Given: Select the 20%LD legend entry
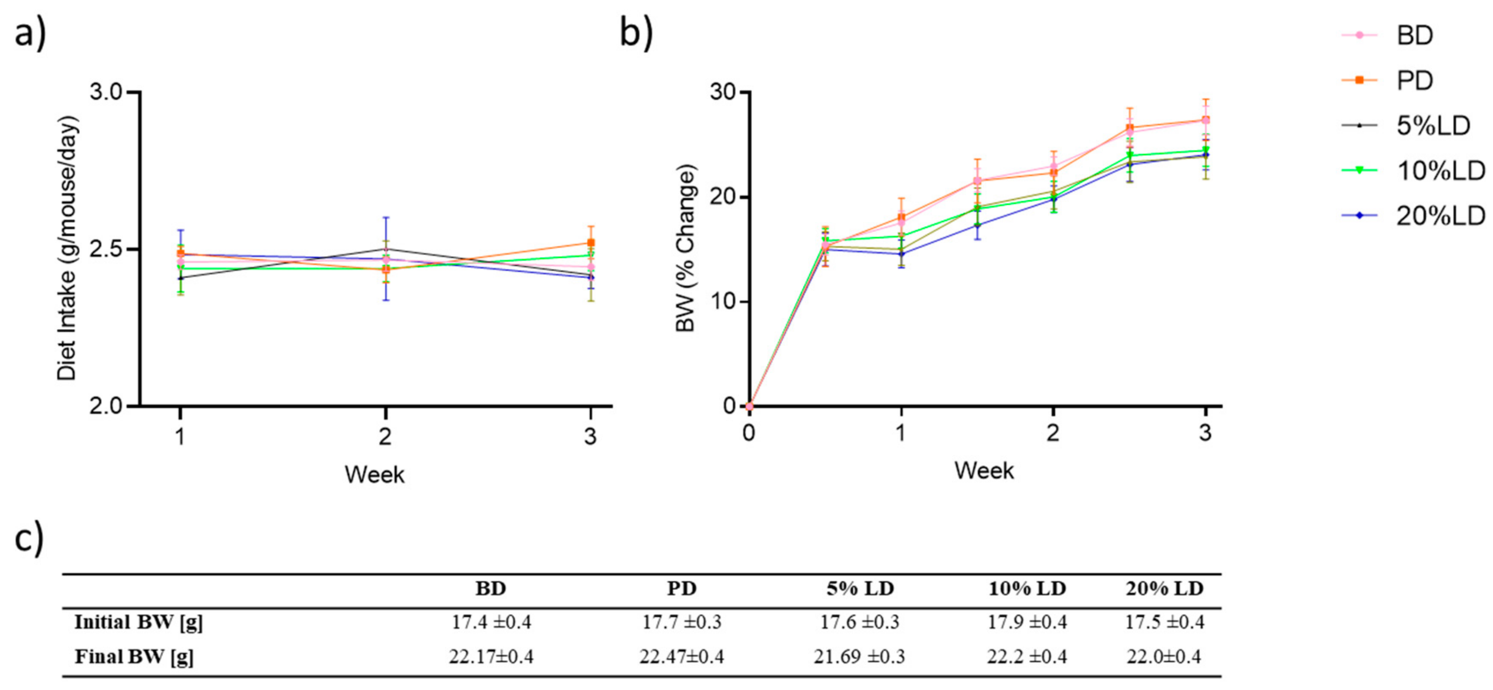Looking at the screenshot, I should point(1440,216).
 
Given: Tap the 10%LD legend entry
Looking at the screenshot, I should point(1440,170).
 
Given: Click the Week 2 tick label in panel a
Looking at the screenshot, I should point(386,436).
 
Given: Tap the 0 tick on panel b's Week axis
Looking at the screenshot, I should point(749,433).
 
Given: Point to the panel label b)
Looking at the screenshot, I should point(636,32).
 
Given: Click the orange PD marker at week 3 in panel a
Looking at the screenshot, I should point(590,243).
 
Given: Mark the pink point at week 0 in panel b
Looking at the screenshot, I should point(749,406).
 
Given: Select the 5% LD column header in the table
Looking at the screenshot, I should point(860,589).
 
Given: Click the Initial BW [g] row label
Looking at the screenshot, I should point(138,622).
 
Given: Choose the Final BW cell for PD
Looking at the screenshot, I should point(681,656).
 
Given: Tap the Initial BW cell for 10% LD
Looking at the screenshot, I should point(1027,622).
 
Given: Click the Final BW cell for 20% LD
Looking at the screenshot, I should point(1164,656).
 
